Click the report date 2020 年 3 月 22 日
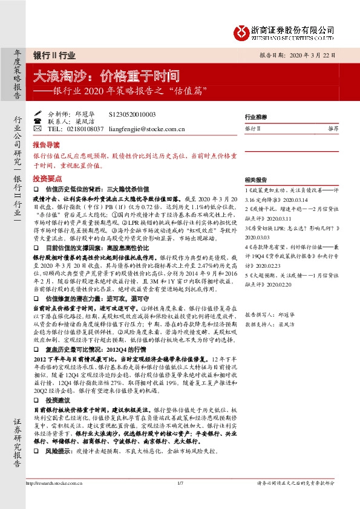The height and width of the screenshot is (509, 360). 314,55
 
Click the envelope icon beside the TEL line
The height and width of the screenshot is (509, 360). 38,129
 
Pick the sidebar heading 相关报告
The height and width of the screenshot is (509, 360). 255,180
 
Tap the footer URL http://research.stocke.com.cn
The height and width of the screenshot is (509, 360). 55,483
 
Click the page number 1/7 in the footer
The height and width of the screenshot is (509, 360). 180,483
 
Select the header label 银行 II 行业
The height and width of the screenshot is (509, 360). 54,55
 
